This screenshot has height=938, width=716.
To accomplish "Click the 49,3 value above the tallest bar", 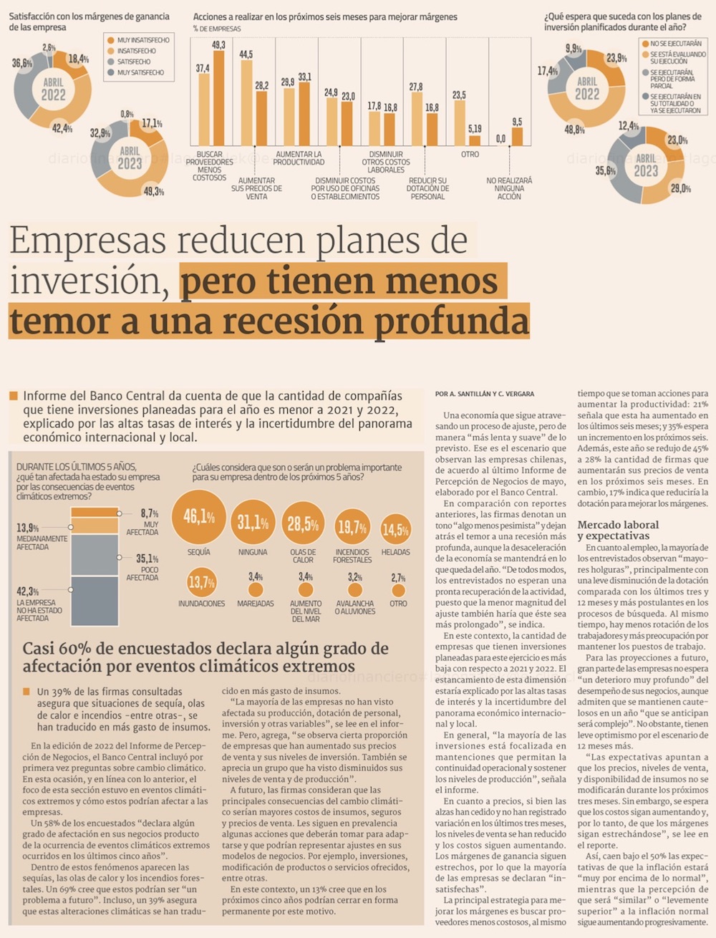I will click(x=218, y=45).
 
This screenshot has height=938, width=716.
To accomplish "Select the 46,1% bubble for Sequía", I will click(x=199, y=517).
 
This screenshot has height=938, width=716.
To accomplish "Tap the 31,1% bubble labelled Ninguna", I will click(x=253, y=523).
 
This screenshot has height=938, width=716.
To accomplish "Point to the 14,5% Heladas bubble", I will click(x=395, y=530).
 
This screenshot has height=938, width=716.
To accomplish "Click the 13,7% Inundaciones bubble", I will click(x=201, y=582).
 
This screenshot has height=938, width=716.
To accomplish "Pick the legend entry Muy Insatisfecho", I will click(x=142, y=40).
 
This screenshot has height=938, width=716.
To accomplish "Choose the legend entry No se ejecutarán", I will click(x=675, y=44).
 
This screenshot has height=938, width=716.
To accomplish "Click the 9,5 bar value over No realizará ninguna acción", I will click(x=517, y=122).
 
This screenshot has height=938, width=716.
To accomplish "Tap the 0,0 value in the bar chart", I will click(x=500, y=139).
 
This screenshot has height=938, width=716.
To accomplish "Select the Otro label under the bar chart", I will click(x=470, y=155).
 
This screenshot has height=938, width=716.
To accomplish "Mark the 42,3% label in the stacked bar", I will click(x=27, y=591).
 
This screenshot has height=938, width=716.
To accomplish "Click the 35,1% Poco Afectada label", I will click(x=147, y=559).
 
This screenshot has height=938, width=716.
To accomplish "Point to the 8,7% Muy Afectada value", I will click(x=149, y=513).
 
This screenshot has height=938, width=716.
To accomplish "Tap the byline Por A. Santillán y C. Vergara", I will click(x=484, y=394).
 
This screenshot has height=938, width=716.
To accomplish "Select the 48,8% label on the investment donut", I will click(x=574, y=130).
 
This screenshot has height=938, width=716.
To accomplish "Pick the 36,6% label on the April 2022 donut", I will click(x=21, y=64).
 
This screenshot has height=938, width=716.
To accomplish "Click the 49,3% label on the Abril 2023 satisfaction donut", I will click(x=153, y=192).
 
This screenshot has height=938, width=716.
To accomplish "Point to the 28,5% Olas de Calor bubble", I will click(x=303, y=524).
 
